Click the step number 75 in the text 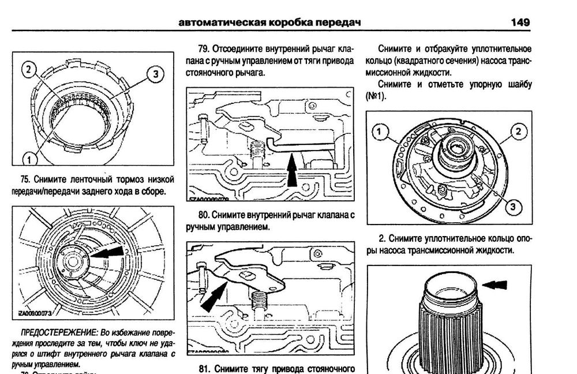25,179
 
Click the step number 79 203,50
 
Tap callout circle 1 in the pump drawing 379,133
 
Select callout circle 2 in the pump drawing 518,132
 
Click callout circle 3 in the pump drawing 514,205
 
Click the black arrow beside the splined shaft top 496,284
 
